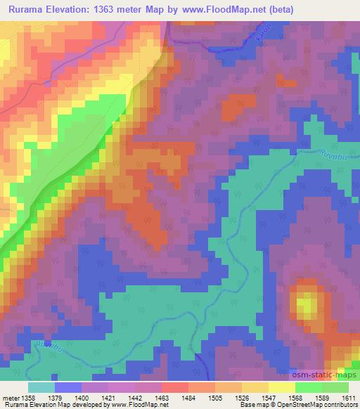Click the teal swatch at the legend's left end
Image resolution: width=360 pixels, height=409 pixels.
41,387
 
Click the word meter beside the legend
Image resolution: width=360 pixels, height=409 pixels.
11,398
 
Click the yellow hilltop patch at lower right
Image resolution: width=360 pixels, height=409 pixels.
305,305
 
